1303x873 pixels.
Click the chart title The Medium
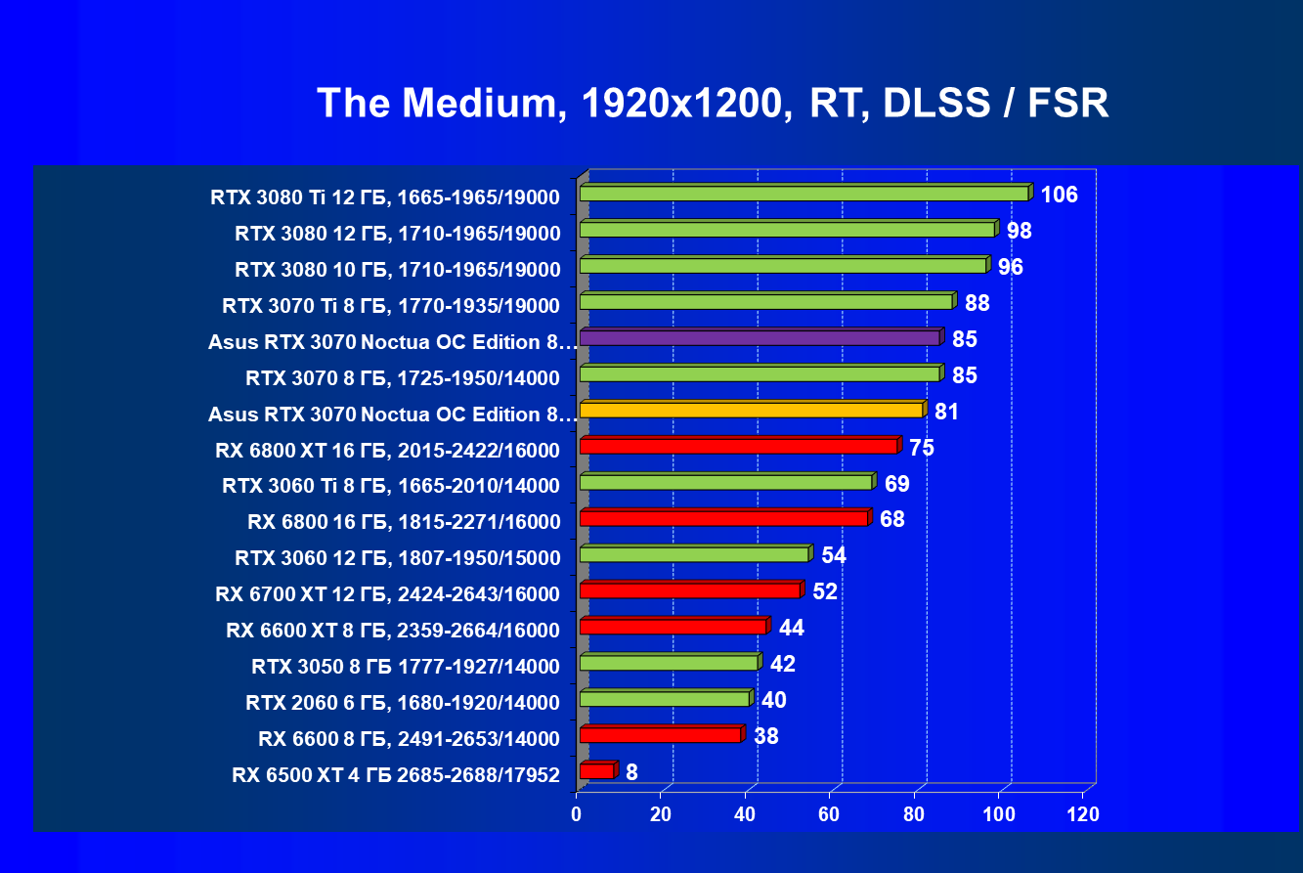pyautogui.click(x=712, y=104)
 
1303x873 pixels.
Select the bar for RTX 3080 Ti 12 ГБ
pyautogui.click(x=804, y=194)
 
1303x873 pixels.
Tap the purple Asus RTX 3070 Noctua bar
pyautogui.click(x=760, y=338)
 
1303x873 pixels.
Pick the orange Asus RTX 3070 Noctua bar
pyautogui.click(x=751, y=411)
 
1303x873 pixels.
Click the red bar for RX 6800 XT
pyautogui.click(x=738, y=447)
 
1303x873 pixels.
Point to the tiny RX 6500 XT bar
pyautogui.click(x=597, y=771)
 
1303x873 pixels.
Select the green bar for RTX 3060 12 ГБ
pyautogui.click(x=694, y=554)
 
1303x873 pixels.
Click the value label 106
pyautogui.click(x=1059, y=195)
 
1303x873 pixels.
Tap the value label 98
pyautogui.click(x=1020, y=231)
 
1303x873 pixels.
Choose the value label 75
pyautogui.click(x=921, y=448)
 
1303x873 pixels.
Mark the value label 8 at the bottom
pyautogui.click(x=631, y=772)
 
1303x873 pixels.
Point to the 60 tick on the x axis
pyautogui.click(x=830, y=814)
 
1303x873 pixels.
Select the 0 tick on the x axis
pyautogui.click(x=577, y=814)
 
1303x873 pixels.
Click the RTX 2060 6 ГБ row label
pyautogui.click(x=403, y=702)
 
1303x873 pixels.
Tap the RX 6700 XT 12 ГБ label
pyautogui.click(x=387, y=593)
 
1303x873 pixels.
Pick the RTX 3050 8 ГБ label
pyautogui.click(x=406, y=667)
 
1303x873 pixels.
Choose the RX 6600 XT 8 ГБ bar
pyautogui.click(x=673, y=627)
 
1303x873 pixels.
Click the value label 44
pyautogui.click(x=791, y=628)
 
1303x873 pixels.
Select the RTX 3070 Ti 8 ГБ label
pyautogui.click(x=391, y=306)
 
